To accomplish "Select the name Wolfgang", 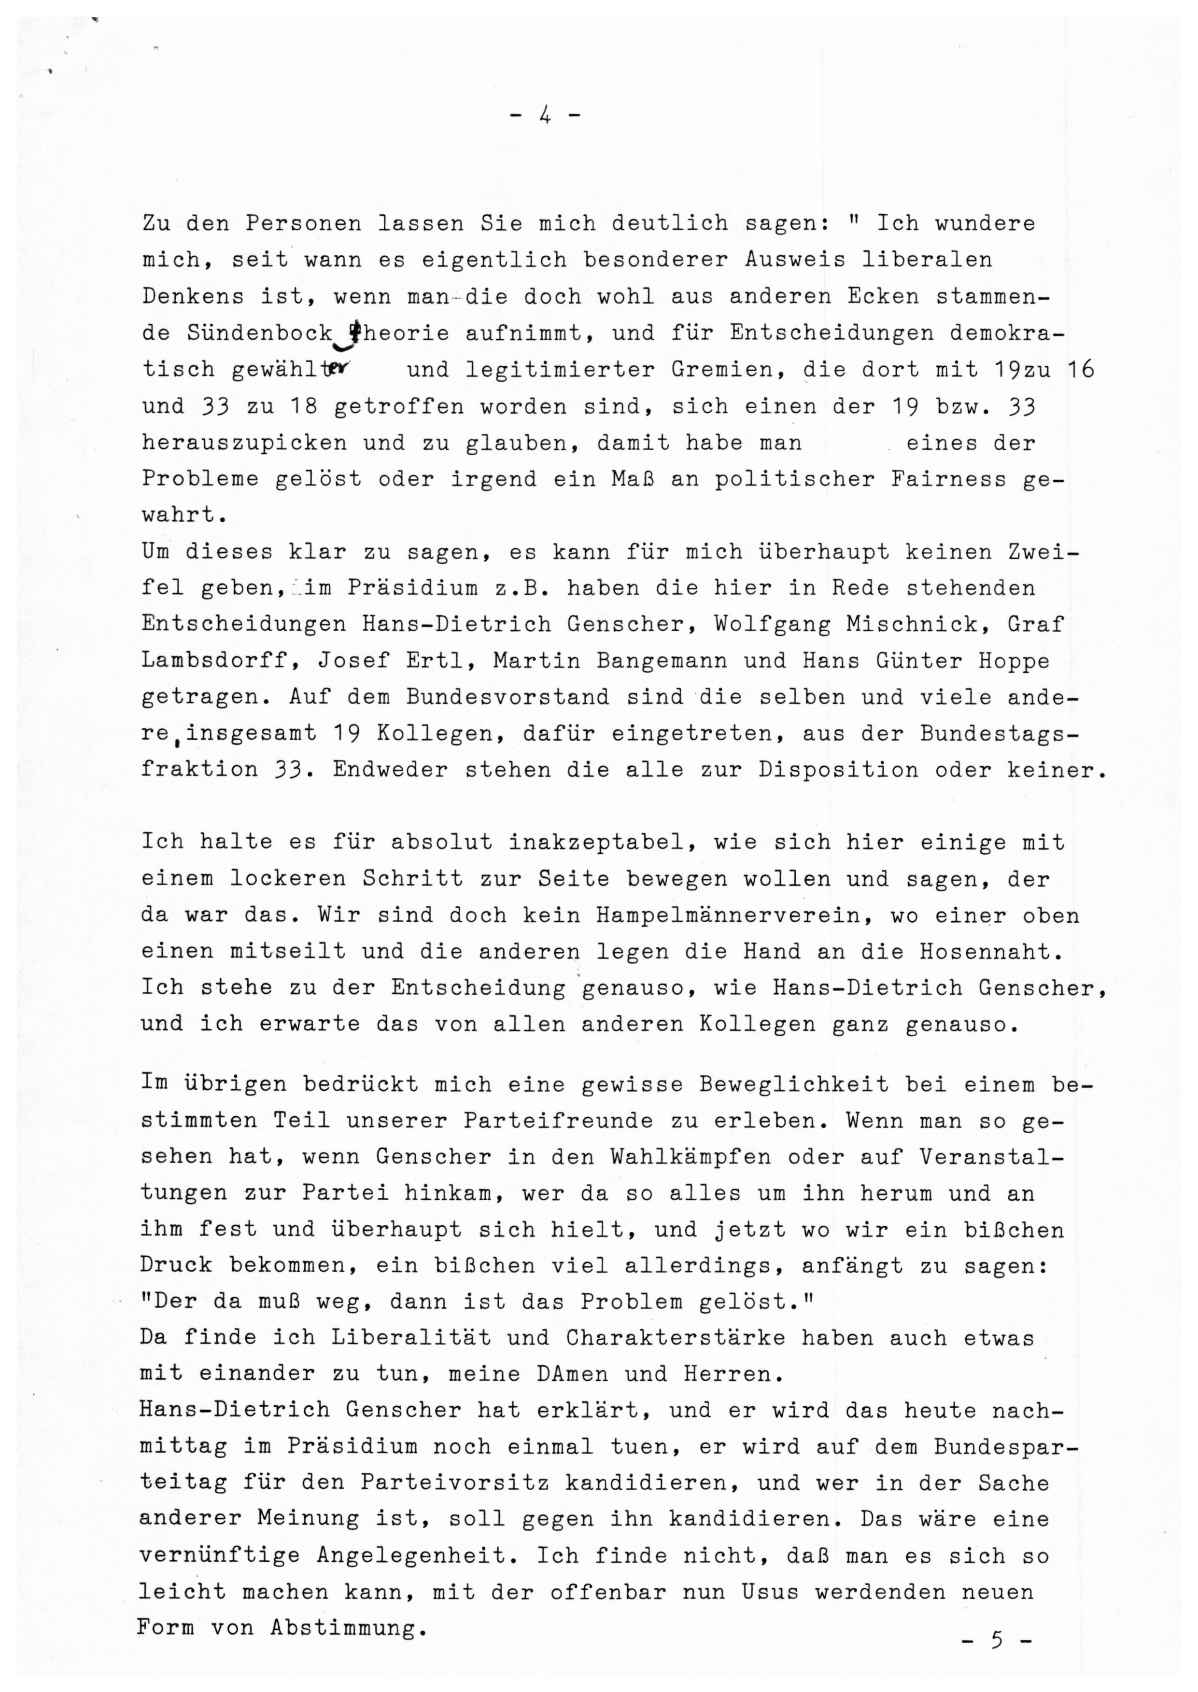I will [x=773, y=624].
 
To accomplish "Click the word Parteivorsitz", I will [x=454, y=1483].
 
